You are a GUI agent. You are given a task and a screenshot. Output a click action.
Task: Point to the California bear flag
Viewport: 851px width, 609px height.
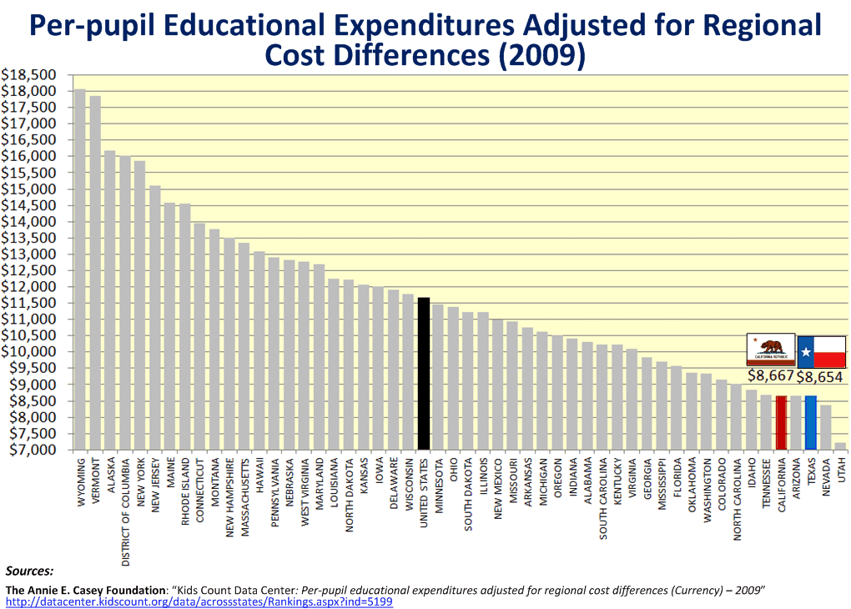click(x=771, y=350)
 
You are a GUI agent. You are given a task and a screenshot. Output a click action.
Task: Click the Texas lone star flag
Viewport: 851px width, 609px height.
click(x=822, y=351)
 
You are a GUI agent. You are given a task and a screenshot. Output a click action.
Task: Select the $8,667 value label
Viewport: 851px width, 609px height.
click(x=771, y=375)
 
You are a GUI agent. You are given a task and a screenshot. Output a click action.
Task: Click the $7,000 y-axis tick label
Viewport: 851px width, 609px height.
click(x=32, y=450)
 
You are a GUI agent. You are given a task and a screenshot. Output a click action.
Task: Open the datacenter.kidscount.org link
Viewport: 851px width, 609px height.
click(x=199, y=601)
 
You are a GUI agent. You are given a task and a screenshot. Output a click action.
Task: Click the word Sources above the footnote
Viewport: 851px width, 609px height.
click(x=29, y=571)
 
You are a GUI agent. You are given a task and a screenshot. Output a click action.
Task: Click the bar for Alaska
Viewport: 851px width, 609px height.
click(x=109, y=300)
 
